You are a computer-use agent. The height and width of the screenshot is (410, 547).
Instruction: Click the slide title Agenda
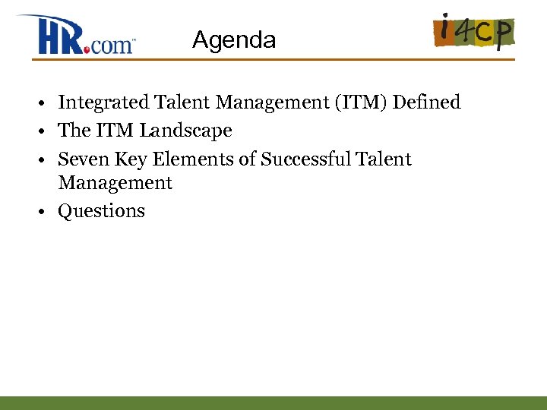point(234,39)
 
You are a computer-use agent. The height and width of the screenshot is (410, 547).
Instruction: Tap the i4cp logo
point(474,31)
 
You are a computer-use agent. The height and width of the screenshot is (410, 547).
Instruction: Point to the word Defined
point(426,102)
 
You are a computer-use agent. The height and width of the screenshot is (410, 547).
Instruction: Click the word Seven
point(79,159)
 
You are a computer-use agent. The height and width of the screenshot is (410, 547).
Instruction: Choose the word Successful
point(304,159)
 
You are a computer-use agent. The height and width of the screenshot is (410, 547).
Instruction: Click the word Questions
point(101,211)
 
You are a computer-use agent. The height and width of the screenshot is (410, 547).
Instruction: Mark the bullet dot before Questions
point(46,212)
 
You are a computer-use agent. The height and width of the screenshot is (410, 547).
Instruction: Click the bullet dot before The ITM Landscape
point(46,131)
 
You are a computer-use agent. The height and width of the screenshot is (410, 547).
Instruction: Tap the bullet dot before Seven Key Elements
point(46,160)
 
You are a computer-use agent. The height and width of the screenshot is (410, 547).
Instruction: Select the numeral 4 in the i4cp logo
point(464,32)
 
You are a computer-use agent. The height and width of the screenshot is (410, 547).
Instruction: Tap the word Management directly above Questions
point(115,183)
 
